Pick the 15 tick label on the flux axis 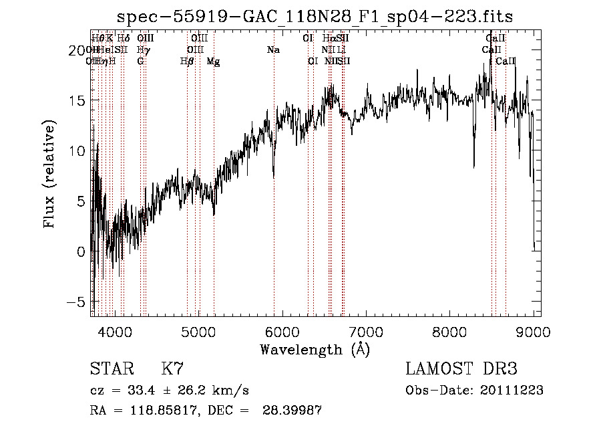click(x=77, y=100)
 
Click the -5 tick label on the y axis click(x=77, y=302)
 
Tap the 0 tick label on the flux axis click(x=81, y=251)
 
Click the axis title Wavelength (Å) click(x=315, y=349)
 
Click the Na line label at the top click(x=273, y=49)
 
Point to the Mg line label click(x=214, y=62)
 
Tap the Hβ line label click(x=187, y=62)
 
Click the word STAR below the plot click(x=110, y=369)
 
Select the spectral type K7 click(x=172, y=369)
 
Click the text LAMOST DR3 click(x=461, y=369)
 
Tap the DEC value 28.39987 click(x=294, y=411)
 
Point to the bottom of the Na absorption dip click(x=274, y=177)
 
